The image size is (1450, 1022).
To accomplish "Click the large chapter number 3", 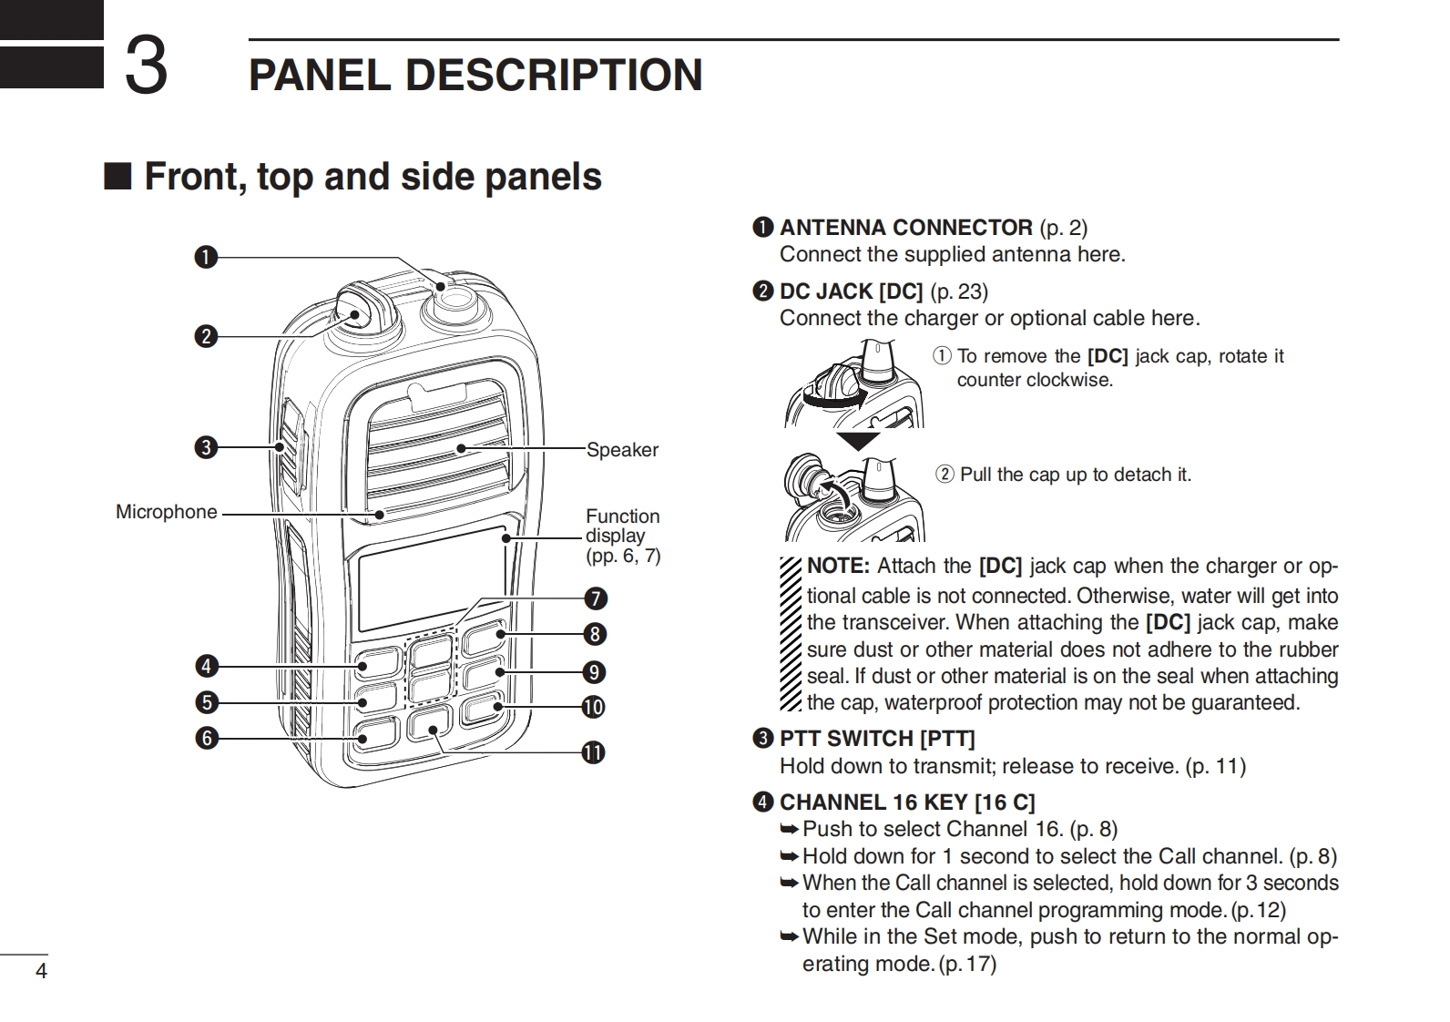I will [146, 66].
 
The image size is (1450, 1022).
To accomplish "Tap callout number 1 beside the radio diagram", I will [206, 258].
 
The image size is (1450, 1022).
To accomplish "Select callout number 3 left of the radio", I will [206, 448].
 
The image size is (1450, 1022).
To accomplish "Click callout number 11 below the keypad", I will [593, 752].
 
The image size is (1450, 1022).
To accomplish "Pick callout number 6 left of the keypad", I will [206, 738].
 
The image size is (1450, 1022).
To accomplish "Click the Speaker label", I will [621, 450].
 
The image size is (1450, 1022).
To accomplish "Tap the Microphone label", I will [166, 512].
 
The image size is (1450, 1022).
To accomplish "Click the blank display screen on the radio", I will [431, 579].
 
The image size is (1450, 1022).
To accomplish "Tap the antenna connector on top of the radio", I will [444, 292].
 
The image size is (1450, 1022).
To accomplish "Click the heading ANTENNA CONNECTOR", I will [905, 228].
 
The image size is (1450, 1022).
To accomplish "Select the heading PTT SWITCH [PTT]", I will [876, 739].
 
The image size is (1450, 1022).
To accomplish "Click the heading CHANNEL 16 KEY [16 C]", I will [906, 802].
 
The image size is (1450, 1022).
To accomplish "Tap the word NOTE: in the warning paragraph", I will [839, 566].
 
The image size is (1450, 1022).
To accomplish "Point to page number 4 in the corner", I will [40, 971].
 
